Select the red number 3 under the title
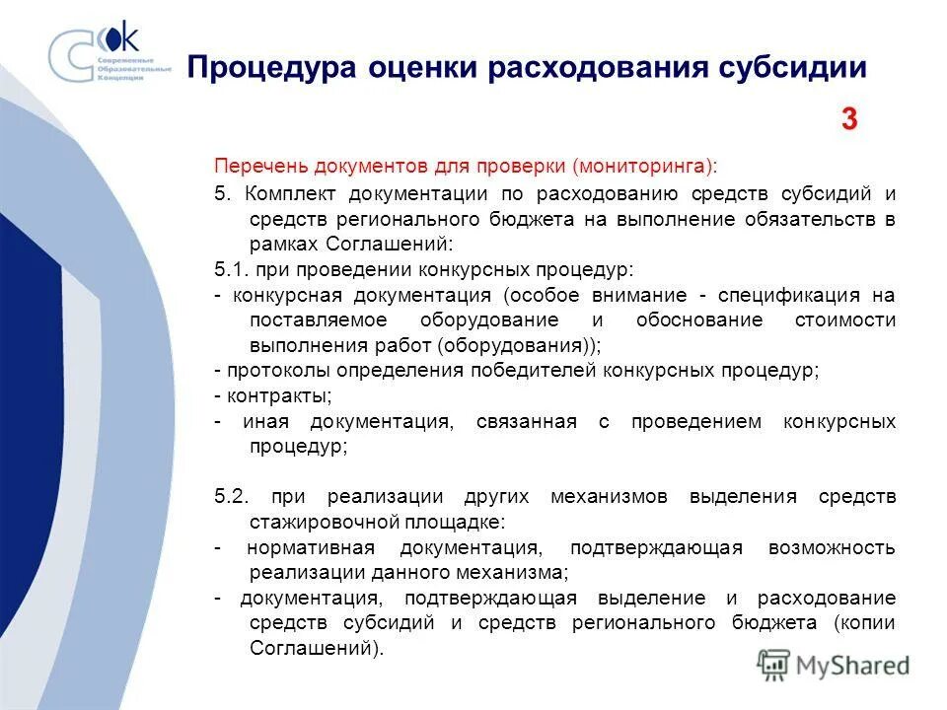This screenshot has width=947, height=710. (x=849, y=120)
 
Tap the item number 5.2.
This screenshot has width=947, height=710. (x=233, y=496)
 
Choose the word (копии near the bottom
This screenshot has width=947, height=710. (x=864, y=623)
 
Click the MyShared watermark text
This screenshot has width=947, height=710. (x=855, y=665)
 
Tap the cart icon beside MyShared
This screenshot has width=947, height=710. (x=775, y=664)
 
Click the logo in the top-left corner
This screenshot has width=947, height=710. (x=109, y=54)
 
